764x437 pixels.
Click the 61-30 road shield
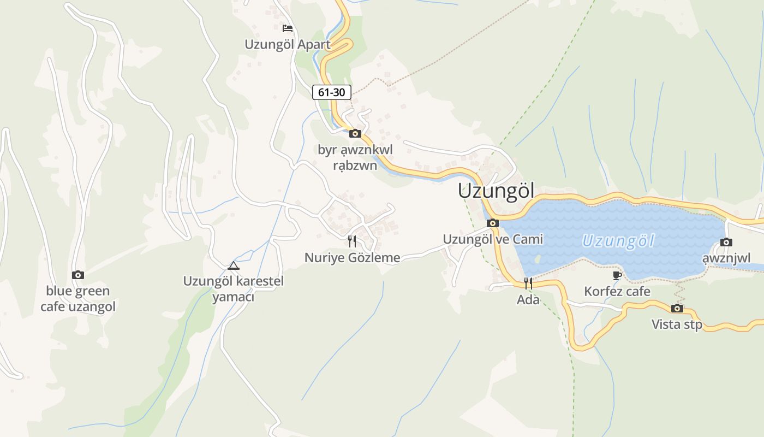click(331, 92)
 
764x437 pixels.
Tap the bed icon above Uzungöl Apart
click(288, 28)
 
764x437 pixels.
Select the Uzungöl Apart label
click(288, 45)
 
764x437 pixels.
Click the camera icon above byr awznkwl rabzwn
click(355, 133)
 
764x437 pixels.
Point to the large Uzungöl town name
click(496, 191)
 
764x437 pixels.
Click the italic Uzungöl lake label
click(618, 241)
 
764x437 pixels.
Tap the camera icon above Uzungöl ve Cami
click(493, 223)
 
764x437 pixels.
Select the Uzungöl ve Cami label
click(493, 239)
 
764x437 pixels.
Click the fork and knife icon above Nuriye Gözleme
click(352, 241)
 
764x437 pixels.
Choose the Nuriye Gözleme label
click(352, 258)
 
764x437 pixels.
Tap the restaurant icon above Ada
click(528, 283)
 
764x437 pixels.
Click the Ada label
click(528, 300)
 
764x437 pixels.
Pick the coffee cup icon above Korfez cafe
click(617, 275)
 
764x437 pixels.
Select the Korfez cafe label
click(617, 291)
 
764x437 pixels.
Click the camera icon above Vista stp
click(677, 308)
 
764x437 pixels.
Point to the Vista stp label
click(677, 324)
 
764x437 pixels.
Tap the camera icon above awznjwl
click(726, 242)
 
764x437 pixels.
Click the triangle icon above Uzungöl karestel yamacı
click(234, 266)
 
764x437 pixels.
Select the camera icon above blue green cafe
click(78, 275)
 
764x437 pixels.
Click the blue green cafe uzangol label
click(78, 299)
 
